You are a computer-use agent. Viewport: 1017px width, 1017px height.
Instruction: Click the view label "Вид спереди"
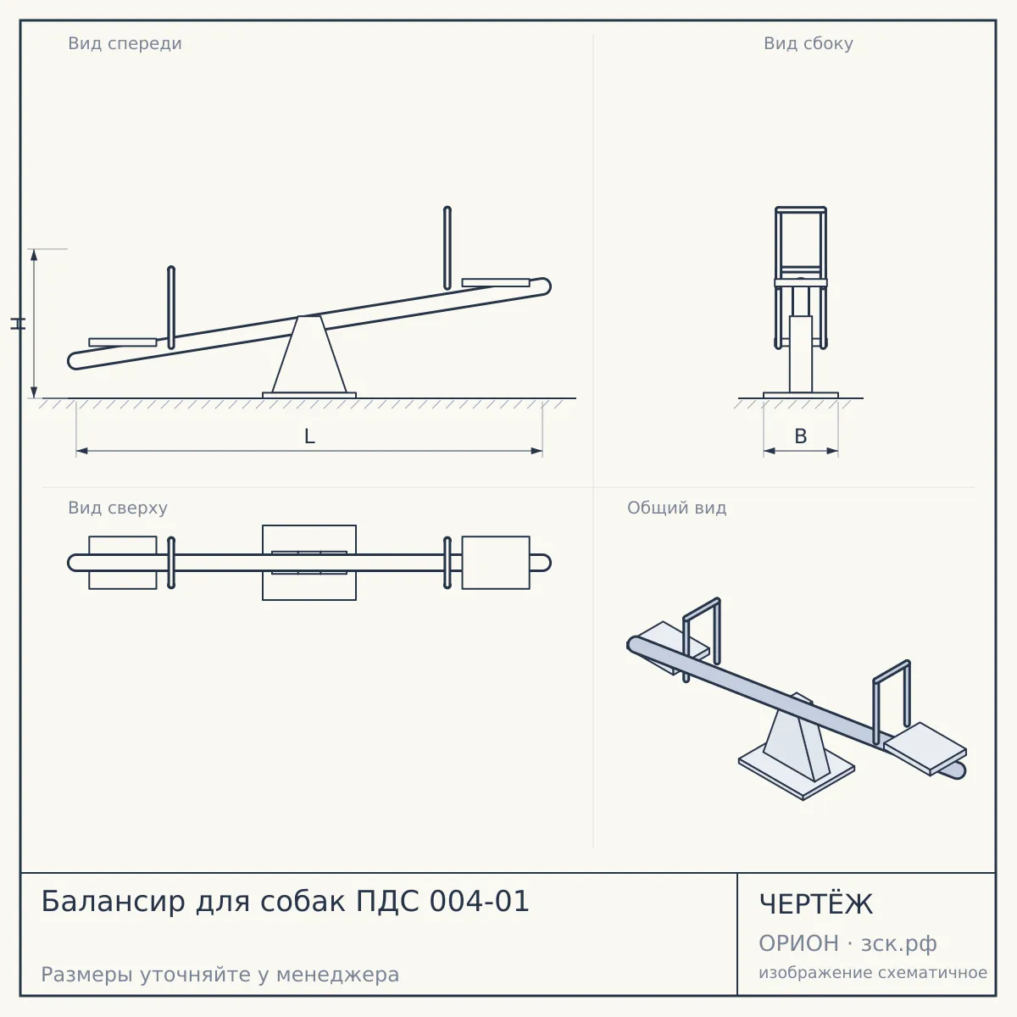125,43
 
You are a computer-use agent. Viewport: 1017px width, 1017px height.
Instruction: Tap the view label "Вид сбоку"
808,43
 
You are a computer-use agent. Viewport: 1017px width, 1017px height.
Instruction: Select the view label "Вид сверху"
118,508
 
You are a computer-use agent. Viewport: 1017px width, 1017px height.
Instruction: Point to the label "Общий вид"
676,508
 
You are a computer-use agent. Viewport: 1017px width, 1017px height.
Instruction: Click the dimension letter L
309,436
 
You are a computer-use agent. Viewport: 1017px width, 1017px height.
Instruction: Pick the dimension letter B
801,436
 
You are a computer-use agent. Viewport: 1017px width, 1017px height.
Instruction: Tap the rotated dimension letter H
19,324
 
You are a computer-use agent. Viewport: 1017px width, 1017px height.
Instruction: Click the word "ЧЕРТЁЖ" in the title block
816,904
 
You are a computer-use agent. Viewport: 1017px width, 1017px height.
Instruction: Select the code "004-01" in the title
479,901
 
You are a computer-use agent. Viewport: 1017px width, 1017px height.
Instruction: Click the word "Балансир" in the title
113,901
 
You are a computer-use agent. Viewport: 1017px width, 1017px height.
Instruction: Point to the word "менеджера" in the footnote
338,975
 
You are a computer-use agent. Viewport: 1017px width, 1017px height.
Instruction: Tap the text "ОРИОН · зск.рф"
847,943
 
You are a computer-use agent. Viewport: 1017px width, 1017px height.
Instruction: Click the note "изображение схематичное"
873,972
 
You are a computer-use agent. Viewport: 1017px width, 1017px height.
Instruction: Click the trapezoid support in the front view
309,354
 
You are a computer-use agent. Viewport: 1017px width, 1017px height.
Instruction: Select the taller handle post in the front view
447,247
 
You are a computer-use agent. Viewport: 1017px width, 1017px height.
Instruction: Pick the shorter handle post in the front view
171,308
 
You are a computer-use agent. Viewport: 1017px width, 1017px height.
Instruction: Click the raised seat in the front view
496,282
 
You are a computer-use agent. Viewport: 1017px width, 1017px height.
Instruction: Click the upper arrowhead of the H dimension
34,254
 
